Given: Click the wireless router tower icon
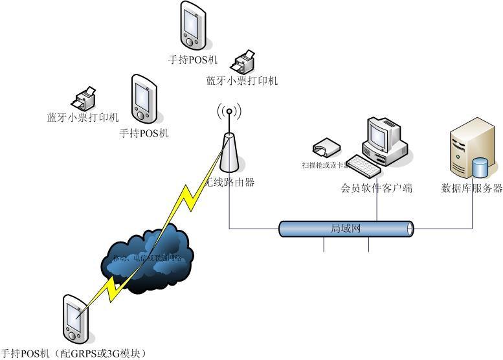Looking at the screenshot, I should [x=228, y=155].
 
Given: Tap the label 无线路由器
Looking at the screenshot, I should [x=230, y=183].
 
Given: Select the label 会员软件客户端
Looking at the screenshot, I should [x=377, y=189].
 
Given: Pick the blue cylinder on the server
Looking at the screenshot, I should [x=480, y=167].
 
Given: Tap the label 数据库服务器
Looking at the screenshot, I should [x=472, y=188].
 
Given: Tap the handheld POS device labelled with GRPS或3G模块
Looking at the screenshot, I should [x=75, y=319].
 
